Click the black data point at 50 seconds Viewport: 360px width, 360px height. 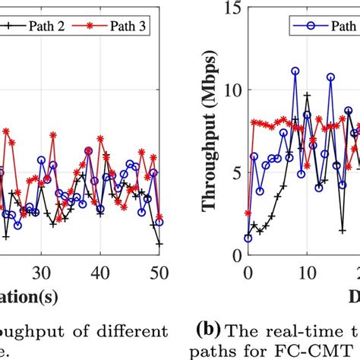159,244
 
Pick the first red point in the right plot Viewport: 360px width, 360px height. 248,213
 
